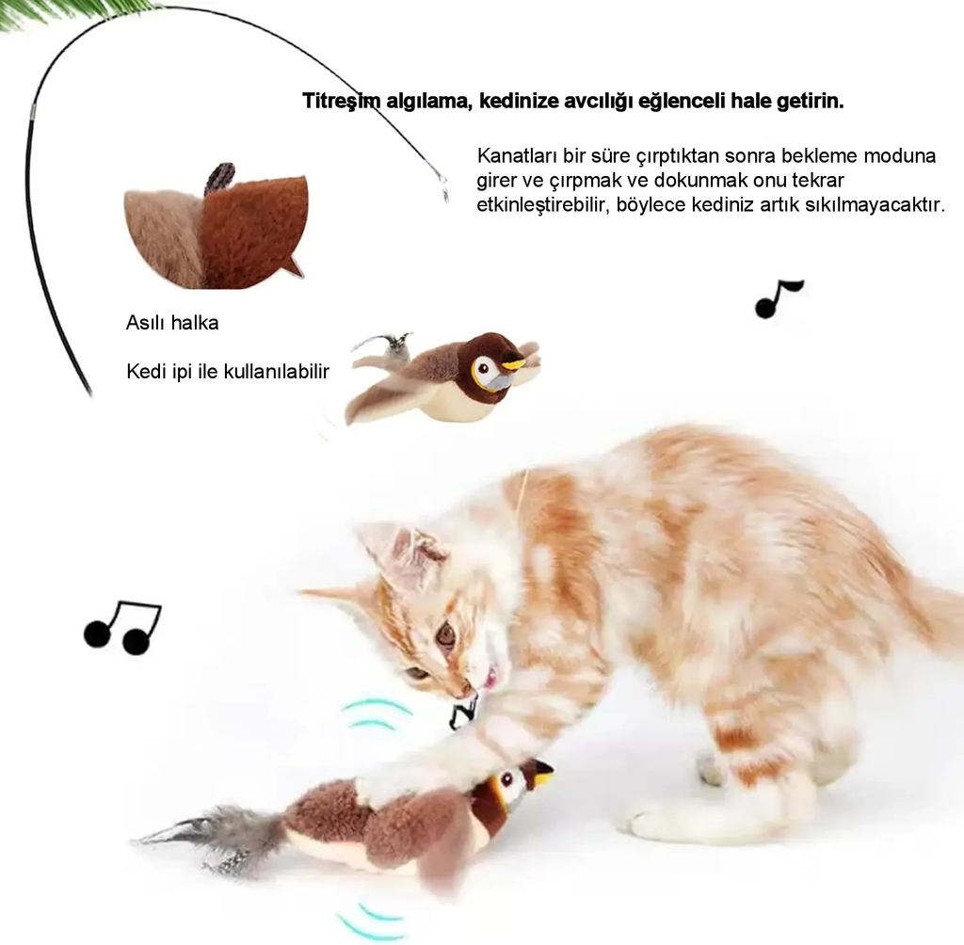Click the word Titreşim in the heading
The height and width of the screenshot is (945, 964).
[x=341, y=101]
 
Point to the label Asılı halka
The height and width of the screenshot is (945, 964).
[x=172, y=323]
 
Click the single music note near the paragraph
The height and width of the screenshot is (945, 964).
[x=777, y=299]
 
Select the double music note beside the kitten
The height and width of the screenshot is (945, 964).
[x=122, y=627]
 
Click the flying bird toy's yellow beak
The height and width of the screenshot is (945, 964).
[x=514, y=365]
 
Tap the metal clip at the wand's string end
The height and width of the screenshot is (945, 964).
[x=443, y=188]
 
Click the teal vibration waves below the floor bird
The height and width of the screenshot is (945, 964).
[x=368, y=921]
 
